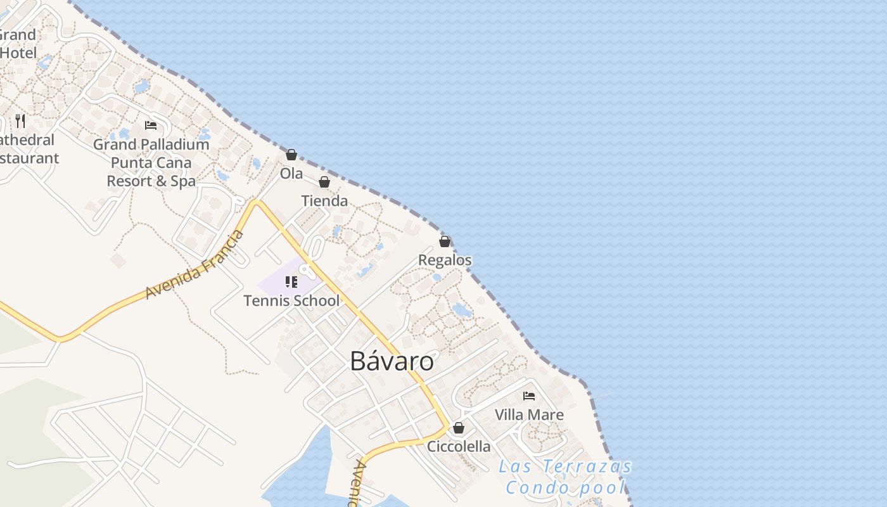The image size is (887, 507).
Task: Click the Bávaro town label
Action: pos(392,361)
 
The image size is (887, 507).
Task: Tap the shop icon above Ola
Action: pos(291,154)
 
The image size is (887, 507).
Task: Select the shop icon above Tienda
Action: pos(324,182)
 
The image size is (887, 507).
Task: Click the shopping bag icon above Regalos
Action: pos(445,241)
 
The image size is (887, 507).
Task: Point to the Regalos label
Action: pos(445,260)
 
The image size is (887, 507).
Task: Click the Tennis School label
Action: pos(291,300)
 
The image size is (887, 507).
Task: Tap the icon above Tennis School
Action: pos(291,282)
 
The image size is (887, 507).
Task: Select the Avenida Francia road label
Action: pos(194,265)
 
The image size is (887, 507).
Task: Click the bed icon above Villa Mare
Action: pos(529,396)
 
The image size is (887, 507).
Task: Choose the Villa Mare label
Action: pos(529,415)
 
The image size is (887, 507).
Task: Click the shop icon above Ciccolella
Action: pos(459,428)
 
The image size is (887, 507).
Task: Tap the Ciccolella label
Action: pos(459,447)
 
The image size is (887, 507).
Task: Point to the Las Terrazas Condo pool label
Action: pos(566,477)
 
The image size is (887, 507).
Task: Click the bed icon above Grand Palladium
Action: pos(151,125)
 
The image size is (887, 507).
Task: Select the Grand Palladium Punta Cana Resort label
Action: pos(151,163)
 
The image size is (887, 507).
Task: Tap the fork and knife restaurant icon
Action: pos(20,120)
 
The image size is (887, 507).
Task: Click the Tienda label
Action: pos(324,201)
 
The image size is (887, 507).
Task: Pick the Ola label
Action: pos(291,174)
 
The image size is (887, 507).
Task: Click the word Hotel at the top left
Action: pos(18,53)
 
